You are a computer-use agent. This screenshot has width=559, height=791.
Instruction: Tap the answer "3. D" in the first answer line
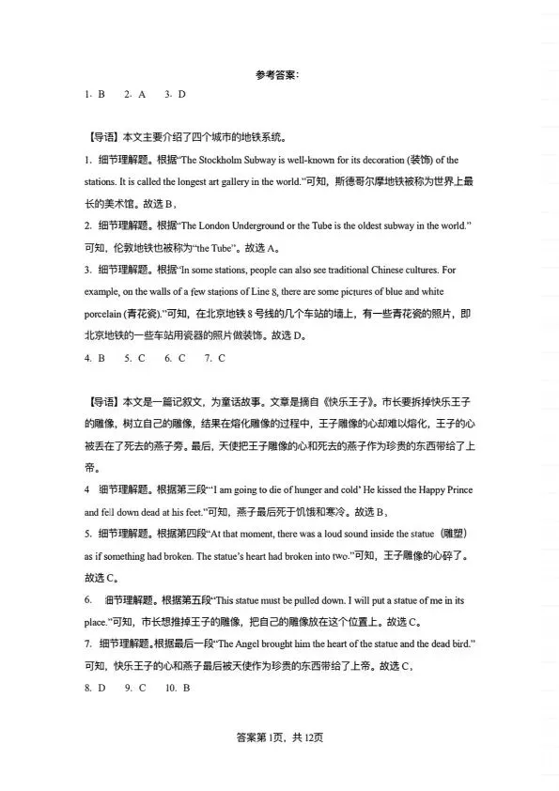tap(176, 94)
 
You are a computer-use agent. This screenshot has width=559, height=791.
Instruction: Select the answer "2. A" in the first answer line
tap(136, 94)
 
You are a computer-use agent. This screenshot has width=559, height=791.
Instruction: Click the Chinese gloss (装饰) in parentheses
tap(423, 160)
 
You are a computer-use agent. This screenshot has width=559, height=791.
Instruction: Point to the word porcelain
tap(103, 314)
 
